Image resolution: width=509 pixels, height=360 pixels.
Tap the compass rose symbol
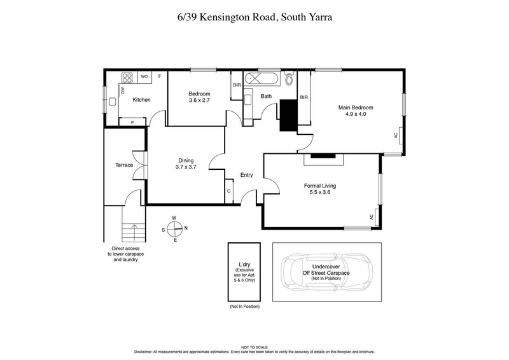174,228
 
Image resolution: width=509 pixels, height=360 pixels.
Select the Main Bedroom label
355,107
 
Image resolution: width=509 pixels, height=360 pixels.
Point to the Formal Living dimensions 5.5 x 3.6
319,193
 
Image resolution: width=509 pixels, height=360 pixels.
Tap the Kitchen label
141,100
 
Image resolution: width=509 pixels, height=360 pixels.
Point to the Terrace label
124,165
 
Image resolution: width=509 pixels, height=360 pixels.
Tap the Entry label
247,175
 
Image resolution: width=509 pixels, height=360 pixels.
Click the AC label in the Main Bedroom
395,135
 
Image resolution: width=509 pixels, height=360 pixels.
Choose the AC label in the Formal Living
372,217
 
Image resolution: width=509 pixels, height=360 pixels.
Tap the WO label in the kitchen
144,76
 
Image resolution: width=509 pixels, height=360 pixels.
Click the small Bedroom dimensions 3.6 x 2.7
199,100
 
